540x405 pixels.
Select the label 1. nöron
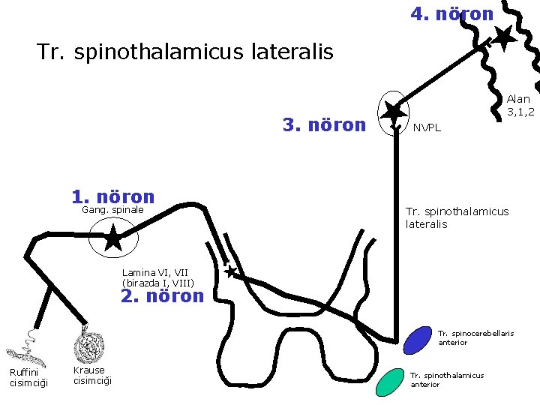(x=113, y=196)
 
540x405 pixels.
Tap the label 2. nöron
(x=162, y=295)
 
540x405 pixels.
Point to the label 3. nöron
(x=324, y=124)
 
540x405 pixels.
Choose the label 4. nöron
(x=452, y=13)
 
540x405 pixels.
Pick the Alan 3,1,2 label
(x=520, y=105)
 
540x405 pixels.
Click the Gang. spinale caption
(x=112, y=210)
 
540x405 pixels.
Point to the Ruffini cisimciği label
(x=28, y=377)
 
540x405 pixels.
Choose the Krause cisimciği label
(x=93, y=375)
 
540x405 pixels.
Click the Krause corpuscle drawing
(x=90, y=346)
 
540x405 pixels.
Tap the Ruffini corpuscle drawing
(x=22, y=347)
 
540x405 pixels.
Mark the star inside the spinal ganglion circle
(x=112, y=239)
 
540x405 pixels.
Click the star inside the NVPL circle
(x=391, y=112)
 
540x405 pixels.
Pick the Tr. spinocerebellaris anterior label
(x=475, y=337)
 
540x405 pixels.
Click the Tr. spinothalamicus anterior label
(x=448, y=379)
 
